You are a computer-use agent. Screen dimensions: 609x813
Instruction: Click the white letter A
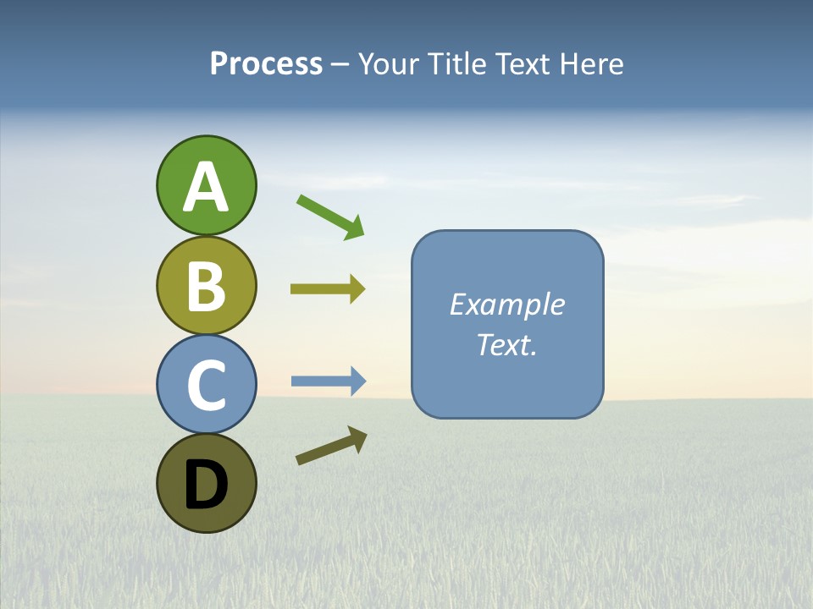[x=206, y=187]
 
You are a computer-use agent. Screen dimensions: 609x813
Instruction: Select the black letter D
[x=206, y=485]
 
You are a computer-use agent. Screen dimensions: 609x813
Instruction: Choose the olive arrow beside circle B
[x=328, y=289]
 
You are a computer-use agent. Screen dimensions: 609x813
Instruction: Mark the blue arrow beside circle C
[x=329, y=381]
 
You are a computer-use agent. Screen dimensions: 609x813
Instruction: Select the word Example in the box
[x=507, y=304]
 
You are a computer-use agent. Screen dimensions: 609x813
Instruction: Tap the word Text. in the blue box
[x=507, y=344]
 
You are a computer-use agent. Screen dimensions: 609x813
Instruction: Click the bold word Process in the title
[x=266, y=64]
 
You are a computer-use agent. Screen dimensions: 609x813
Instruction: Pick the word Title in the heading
[x=456, y=64]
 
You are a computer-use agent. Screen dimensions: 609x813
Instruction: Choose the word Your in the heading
[x=389, y=64]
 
